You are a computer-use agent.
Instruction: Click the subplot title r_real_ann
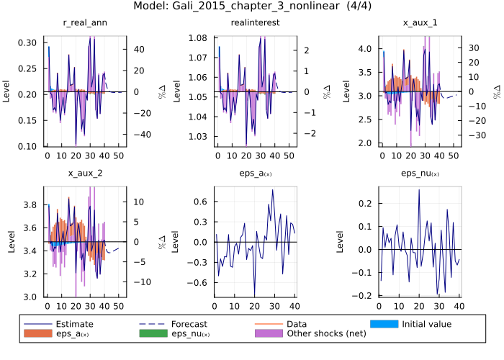(x=85, y=23)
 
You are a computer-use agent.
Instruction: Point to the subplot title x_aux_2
(x=85, y=174)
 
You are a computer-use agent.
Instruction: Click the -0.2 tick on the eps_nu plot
(x=370, y=295)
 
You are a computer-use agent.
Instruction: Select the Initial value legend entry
(x=426, y=324)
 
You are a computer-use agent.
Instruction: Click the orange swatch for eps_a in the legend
(x=37, y=333)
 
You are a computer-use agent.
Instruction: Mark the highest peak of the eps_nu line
(x=419, y=190)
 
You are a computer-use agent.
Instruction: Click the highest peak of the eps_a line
(x=272, y=190)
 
